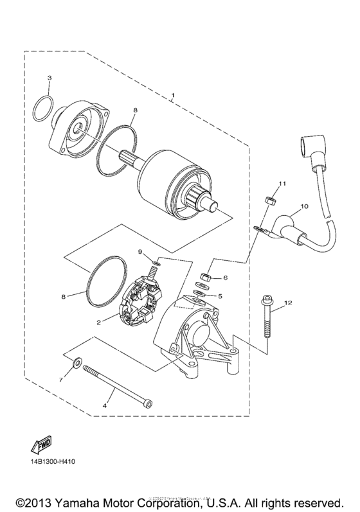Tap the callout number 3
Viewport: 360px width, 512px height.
tap(50, 78)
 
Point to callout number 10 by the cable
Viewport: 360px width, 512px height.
tap(305, 206)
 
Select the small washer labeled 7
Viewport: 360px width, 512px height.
tap(78, 365)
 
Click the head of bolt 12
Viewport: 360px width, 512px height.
tap(265, 297)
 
